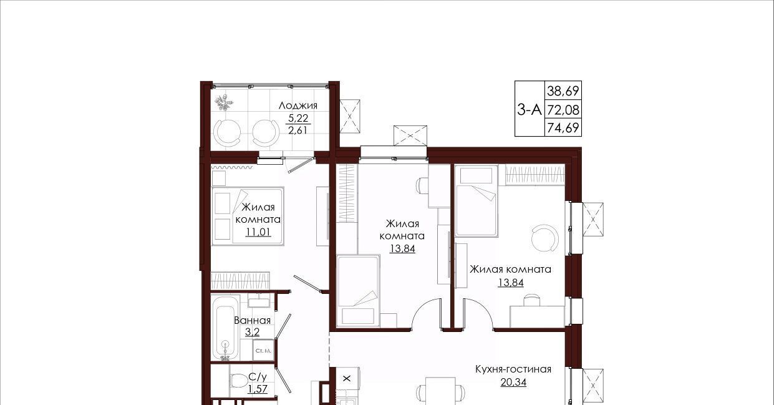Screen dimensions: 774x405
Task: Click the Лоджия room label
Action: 298,106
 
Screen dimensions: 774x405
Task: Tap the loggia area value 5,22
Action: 298,119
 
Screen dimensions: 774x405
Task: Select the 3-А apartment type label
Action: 529,110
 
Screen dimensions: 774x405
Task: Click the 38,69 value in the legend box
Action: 563,91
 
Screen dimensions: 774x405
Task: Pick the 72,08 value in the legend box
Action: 563,110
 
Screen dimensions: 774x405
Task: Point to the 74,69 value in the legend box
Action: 563,128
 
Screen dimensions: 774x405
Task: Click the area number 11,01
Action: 258,232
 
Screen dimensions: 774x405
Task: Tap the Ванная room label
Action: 252,320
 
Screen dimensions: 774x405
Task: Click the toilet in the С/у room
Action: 238,381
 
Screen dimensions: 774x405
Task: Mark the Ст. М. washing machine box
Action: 263,351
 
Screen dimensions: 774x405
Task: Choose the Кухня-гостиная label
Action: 513,369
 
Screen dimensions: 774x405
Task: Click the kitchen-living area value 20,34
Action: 513,383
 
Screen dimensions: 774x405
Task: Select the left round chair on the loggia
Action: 227,133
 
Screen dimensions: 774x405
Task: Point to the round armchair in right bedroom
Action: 545,238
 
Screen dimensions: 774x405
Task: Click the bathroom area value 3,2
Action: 252,332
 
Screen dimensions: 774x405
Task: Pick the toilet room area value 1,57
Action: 258,389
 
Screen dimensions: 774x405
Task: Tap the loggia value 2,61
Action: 298,130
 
